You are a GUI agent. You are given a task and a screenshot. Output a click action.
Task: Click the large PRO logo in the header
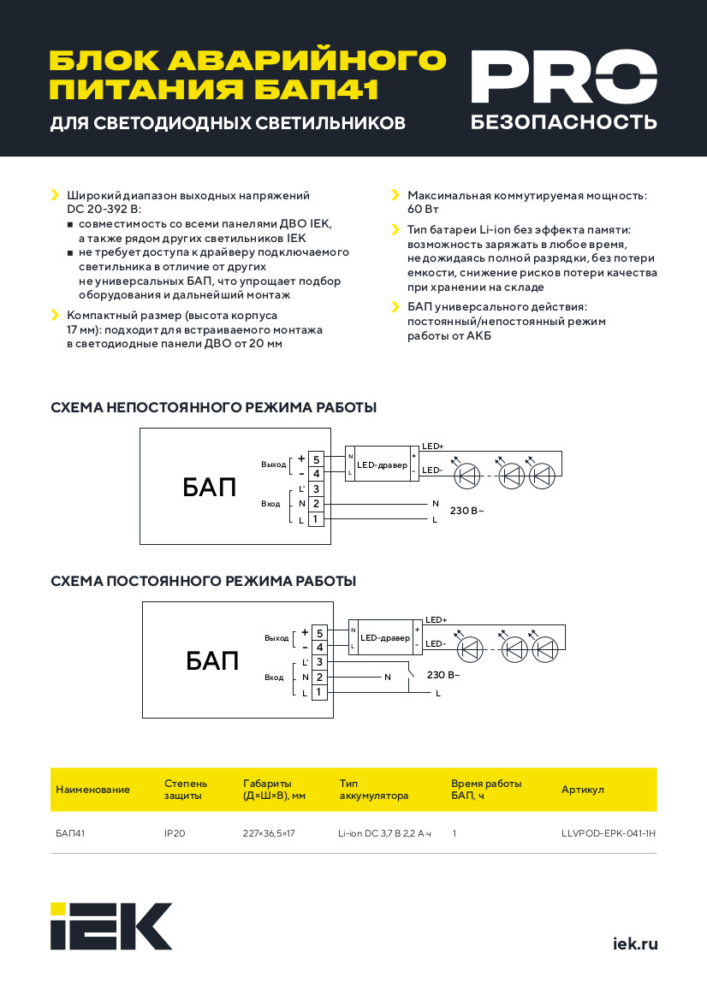point(564,76)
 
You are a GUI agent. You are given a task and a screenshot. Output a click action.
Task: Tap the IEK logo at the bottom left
point(111,926)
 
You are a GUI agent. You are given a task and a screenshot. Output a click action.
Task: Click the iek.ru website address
point(635,944)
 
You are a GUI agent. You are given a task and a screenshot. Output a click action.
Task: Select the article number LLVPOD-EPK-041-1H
point(608,833)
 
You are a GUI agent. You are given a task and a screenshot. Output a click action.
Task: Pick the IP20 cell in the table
point(175,833)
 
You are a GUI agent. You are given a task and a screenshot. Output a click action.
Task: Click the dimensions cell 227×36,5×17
point(269,833)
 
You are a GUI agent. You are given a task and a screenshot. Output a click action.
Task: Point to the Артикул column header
point(582,790)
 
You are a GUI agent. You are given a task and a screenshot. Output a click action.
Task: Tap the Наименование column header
point(92,790)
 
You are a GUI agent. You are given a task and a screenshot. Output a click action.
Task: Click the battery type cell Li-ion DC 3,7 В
point(385,833)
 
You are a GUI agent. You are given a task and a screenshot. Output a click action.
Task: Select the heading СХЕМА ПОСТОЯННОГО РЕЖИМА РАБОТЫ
point(203,581)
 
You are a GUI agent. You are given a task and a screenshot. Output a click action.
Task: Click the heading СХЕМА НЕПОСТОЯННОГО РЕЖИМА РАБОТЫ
point(213,407)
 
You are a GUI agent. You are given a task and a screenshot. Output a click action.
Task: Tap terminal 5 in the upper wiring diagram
point(317,459)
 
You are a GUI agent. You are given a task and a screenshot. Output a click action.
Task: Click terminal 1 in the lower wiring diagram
point(319,693)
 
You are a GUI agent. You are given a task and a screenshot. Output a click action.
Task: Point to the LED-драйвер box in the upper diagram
point(382,464)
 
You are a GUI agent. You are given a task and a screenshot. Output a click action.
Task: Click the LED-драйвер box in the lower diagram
point(385,638)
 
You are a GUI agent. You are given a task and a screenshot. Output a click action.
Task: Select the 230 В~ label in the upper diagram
point(466,511)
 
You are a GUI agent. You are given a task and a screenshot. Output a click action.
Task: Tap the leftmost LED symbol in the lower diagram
point(470,649)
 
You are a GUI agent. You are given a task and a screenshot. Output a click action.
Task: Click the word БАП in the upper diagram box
point(210,488)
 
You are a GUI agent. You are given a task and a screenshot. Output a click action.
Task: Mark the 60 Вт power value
point(423,210)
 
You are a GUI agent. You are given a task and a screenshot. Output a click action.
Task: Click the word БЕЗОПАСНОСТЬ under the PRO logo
point(564,121)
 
